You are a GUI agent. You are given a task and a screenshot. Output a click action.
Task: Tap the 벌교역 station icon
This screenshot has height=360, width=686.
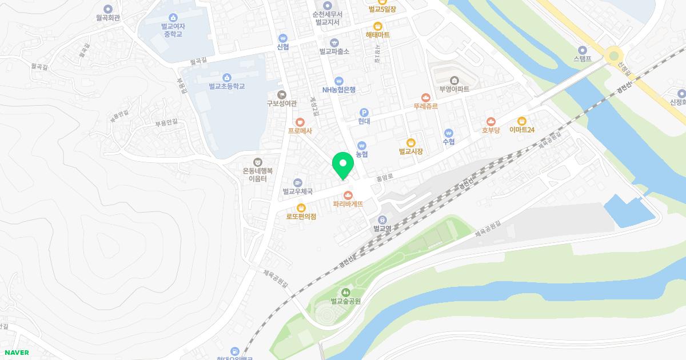click(x=382, y=219)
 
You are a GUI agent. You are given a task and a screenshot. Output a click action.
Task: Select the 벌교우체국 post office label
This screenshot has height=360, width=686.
click(x=298, y=192)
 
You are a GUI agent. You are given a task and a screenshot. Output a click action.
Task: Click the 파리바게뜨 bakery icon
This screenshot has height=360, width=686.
click(x=348, y=195)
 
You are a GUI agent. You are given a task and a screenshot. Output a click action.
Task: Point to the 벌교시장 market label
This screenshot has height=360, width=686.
click(x=410, y=151)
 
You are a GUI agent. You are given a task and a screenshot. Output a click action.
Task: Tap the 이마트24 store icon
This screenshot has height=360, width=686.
click(x=521, y=121)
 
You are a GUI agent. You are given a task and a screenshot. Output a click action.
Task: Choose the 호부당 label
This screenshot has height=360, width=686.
click(x=490, y=130)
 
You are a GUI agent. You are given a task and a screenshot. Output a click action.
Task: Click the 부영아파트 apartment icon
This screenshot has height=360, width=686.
click(x=454, y=80)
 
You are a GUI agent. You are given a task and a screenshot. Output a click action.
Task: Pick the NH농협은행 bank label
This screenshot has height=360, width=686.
click(x=339, y=90)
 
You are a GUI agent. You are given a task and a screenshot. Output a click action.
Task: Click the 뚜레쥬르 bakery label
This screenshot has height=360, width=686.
click(x=425, y=106)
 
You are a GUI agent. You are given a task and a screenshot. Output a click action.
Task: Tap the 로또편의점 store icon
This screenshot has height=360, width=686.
click(x=301, y=207)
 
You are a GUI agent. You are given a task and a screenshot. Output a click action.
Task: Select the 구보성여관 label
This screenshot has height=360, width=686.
click(x=281, y=103)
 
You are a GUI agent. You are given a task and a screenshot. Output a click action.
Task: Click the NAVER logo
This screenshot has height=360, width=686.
click(x=16, y=353)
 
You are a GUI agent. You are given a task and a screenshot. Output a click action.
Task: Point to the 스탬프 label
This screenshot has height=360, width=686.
click(x=583, y=58)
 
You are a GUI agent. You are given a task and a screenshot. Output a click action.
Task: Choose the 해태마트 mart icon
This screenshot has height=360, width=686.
click(x=378, y=26)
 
